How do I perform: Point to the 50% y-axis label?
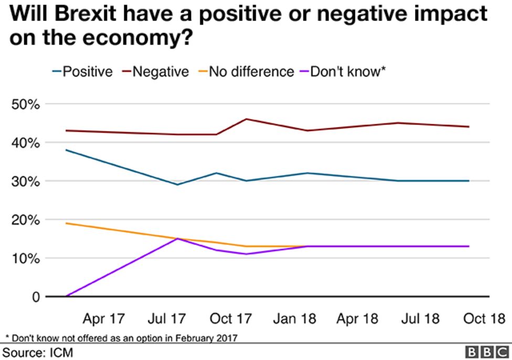(26, 104)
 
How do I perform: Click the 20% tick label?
(26, 220)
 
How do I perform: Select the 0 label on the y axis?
(35, 297)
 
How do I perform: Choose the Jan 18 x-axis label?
(294, 319)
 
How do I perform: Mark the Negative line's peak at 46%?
(246, 119)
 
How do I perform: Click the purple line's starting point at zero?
(67, 297)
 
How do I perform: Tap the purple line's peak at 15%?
(178, 239)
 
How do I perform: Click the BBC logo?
(486, 352)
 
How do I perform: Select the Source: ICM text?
(38, 351)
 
